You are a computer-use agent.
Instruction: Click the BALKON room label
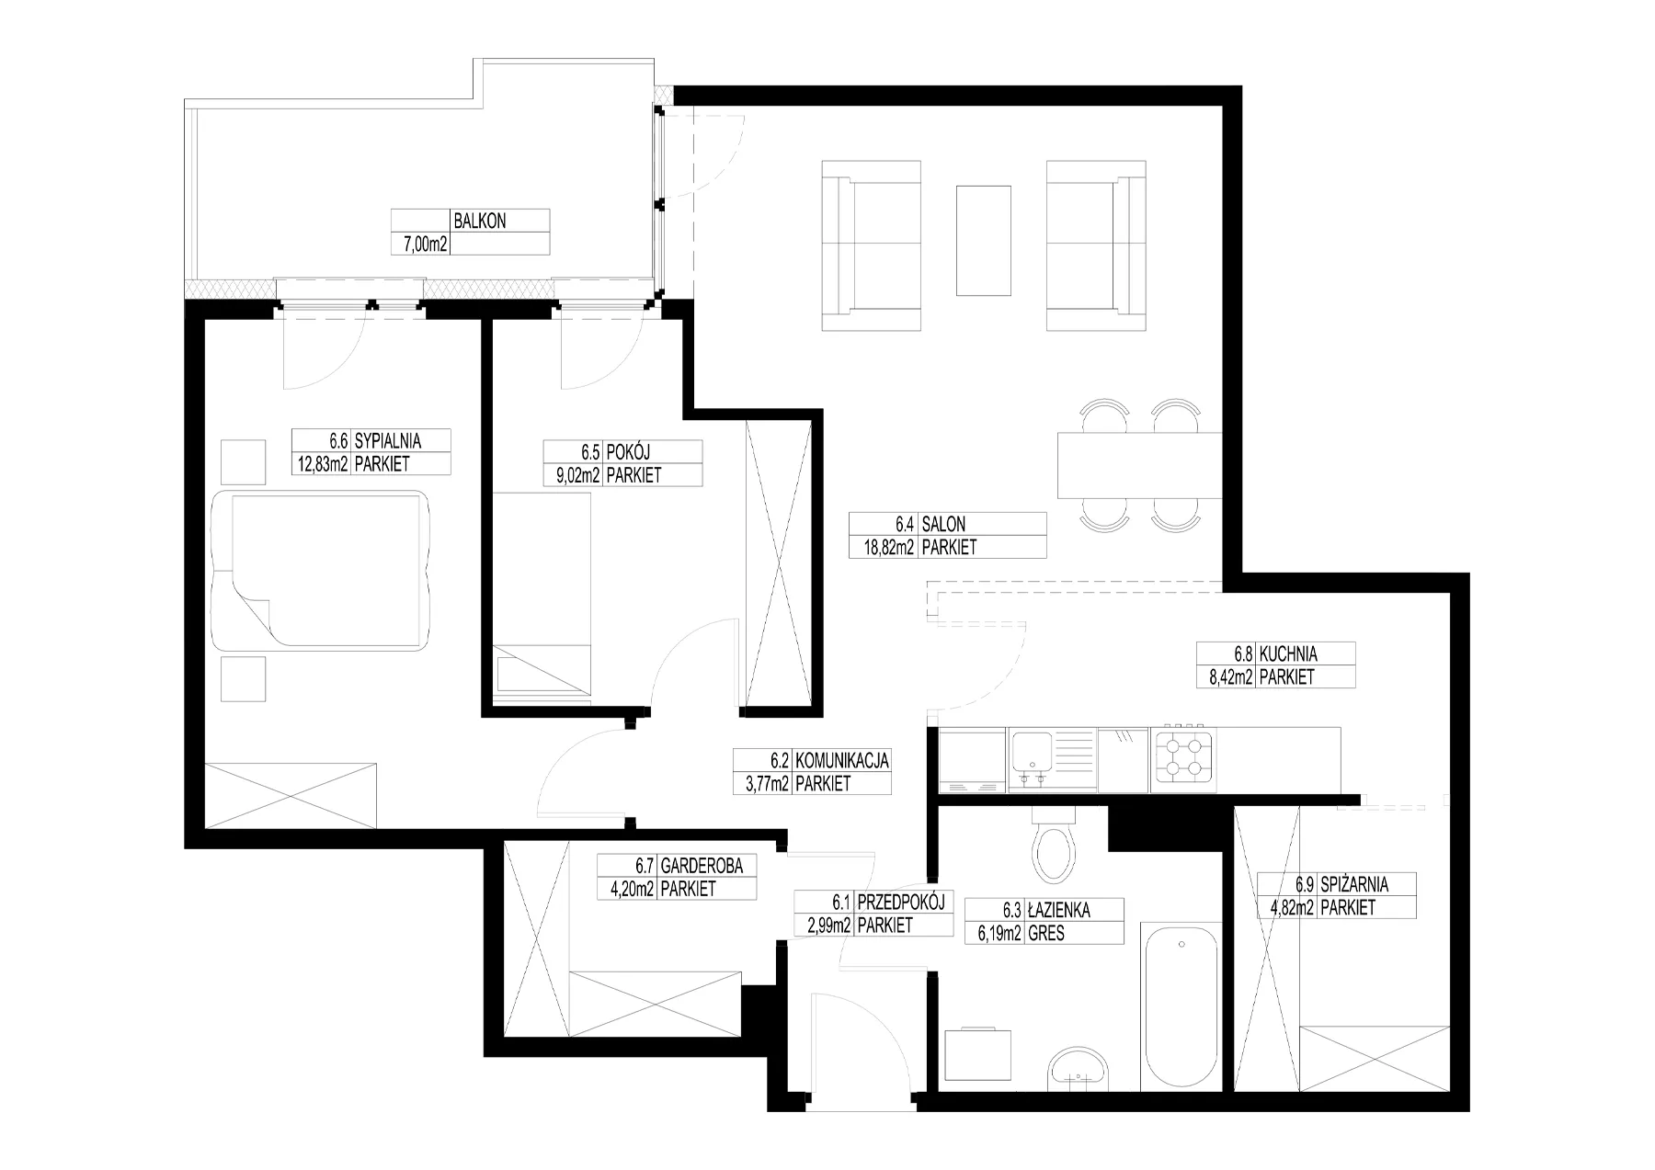[x=480, y=222]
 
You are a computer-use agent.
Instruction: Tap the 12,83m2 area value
[x=322, y=464]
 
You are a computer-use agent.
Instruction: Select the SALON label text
[x=943, y=525]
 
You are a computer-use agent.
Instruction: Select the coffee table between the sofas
[x=984, y=240]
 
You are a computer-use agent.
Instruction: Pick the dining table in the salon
[x=1140, y=464]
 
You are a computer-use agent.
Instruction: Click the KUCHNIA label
[x=1288, y=655]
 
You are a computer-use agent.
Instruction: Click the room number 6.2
[x=781, y=761]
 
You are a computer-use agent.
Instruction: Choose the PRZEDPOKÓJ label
[x=900, y=903]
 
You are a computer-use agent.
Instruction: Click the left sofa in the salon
[x=871, y=245]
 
